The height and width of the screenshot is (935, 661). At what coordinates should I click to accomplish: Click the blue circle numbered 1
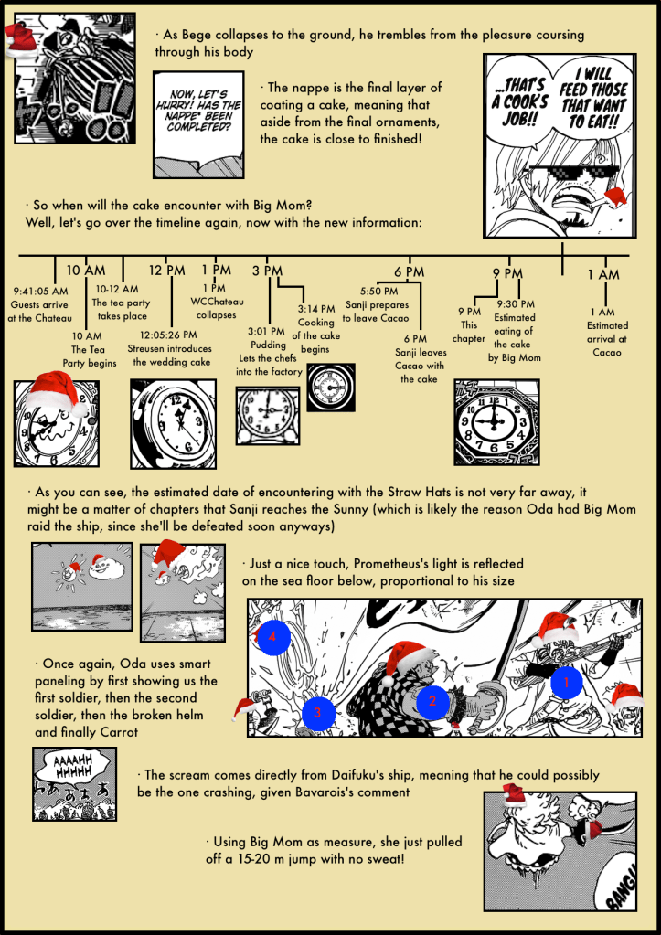[564, 681]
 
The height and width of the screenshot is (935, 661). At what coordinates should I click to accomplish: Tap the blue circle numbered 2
[432, 701]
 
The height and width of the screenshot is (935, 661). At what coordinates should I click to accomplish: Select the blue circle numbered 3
[317, 712]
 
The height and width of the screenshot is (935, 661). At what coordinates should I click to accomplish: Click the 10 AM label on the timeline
[86, 271]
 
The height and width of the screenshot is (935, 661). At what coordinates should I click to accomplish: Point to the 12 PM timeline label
[166, 271]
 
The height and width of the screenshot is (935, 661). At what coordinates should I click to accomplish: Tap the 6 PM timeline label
[409, 272]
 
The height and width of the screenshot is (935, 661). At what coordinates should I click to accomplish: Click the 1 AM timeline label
[602, 274]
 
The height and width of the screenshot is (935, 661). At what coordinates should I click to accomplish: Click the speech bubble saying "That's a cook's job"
[521, 101]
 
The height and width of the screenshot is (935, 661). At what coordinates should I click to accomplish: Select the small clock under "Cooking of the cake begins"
[326, 389]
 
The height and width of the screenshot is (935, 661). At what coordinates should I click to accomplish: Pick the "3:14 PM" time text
[316, 309]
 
